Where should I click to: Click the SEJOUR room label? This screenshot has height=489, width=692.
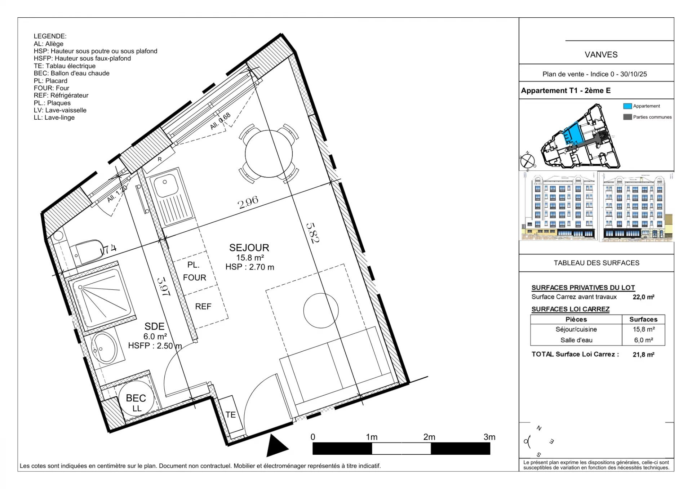tap(249, 248)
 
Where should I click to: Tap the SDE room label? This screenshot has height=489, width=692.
tap(154, 326)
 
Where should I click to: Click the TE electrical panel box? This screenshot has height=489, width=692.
tap(231, 415)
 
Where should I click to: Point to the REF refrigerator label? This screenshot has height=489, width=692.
tap(203, 306)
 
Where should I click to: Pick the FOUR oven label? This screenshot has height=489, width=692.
tap(195, 277)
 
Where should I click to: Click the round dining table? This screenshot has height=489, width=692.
tap(269, 154)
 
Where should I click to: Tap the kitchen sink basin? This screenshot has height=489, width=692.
tap(165, 186)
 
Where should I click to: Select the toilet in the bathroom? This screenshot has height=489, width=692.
tap(88, 251)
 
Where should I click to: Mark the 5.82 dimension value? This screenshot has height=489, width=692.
tap(312, 233)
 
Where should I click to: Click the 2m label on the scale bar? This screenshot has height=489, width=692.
tap(429, 437)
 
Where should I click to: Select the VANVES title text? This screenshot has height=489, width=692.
tap(601, 55)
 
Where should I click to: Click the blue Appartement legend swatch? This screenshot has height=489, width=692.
tap(627, 106)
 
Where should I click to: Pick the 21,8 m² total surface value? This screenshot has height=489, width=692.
tap(643, 355)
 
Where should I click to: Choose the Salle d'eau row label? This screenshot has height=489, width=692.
tap(576, 340)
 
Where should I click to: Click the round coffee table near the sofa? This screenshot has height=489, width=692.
tap(321, 310)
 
